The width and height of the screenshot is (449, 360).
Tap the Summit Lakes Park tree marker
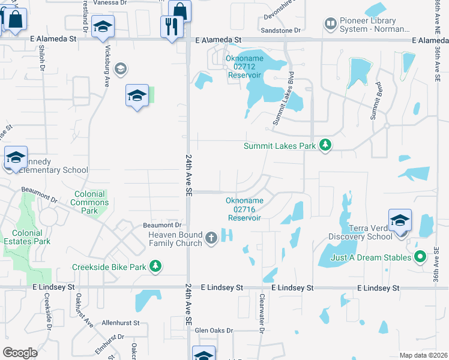click(x=325, y=145)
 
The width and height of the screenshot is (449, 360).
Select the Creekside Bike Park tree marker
click(x=155, y=266)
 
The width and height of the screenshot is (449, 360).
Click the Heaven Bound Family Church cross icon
click(x=211, y=238)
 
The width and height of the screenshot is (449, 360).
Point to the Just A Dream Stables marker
click(x=420, y=257)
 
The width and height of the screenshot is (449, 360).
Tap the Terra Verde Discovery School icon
click(x=400, y=220)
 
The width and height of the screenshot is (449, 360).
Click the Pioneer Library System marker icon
click(x=330, y=24)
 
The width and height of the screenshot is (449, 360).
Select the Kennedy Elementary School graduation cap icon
click(x=16, y=158)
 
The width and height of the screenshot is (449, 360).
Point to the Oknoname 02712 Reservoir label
click(x=244, y=67)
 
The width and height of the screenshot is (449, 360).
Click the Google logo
click(x=20, y=353)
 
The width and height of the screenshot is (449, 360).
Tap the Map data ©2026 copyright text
click(x=423, y=355)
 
